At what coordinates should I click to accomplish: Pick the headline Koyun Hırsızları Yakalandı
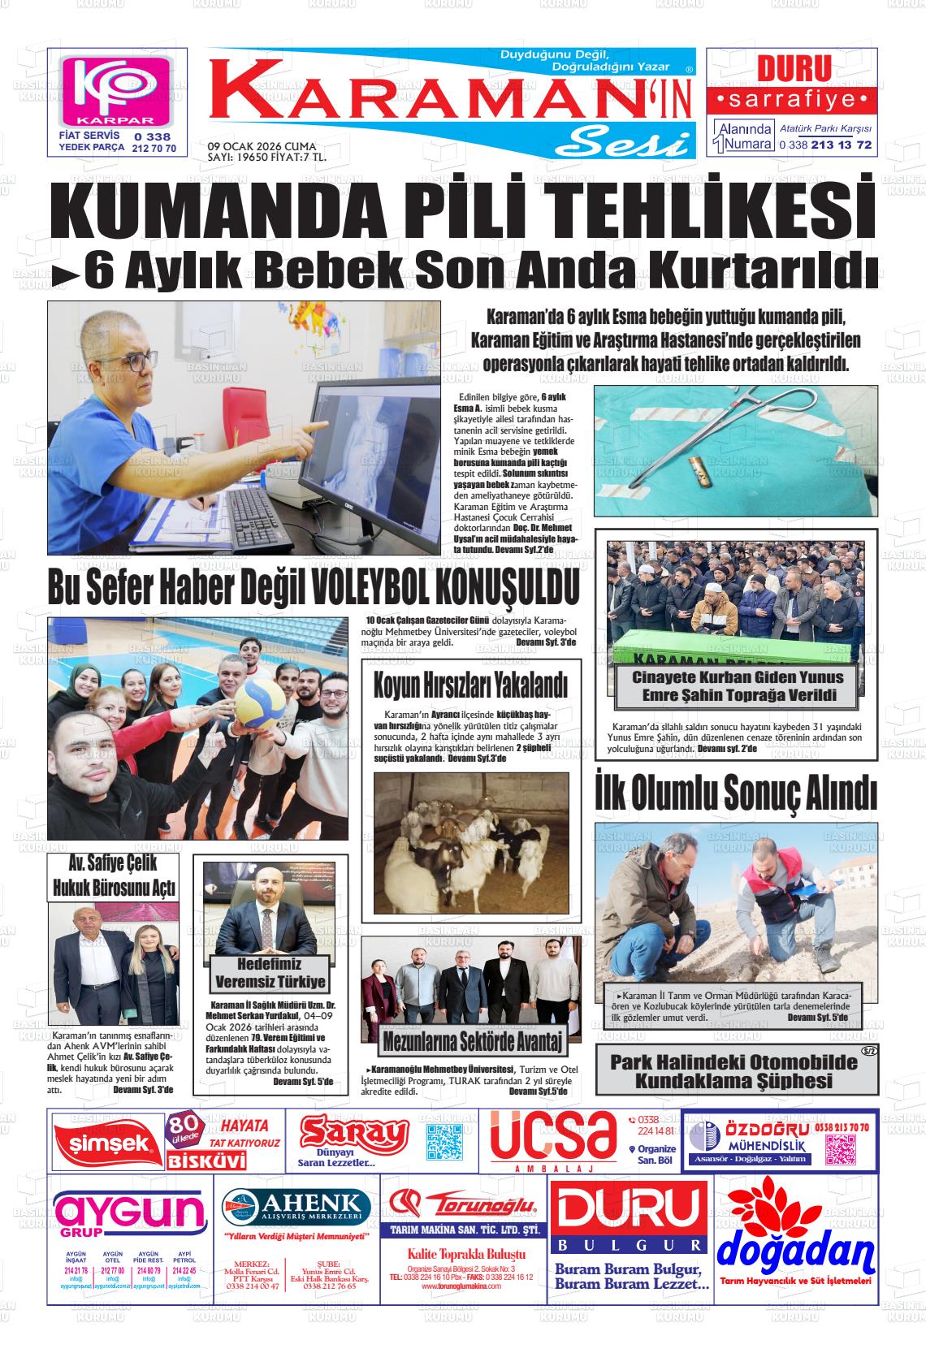coord(470,683)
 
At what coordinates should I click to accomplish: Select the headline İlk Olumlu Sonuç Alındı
coord(736,793)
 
